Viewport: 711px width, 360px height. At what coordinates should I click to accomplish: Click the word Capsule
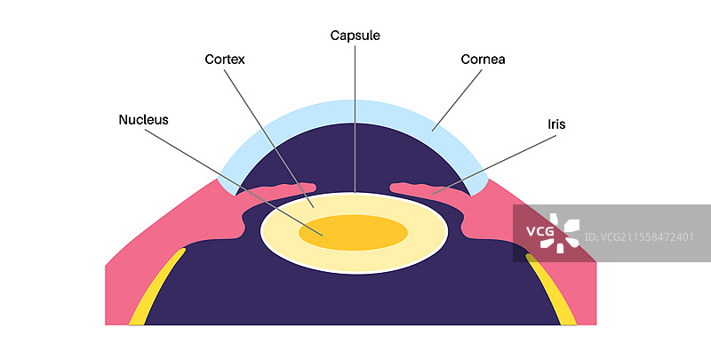click(355, 36)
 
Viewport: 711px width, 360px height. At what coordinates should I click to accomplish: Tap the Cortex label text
click(224, 60)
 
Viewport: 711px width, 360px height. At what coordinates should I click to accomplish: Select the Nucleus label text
click(143, 119)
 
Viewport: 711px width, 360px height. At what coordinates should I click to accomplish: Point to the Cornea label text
click(483, 60)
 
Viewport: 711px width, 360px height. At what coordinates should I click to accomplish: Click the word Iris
click(556, 125)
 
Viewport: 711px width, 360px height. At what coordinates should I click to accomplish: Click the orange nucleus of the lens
click(353, 232)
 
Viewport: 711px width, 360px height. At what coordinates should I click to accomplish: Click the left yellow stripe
click(156, 288)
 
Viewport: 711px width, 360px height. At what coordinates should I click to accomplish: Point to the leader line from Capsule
click(355, 116)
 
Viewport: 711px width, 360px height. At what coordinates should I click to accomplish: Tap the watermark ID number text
click(647, 236)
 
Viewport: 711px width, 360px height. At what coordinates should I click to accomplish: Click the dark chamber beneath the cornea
click(355, 156)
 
